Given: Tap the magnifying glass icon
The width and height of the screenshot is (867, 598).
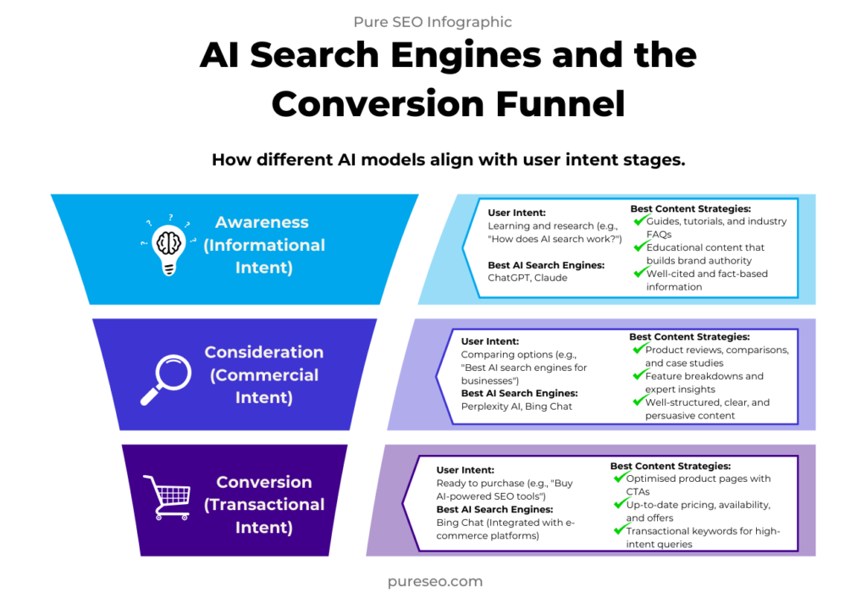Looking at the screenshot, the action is pos(166,380).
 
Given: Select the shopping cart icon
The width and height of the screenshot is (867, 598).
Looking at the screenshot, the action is pos(167,497).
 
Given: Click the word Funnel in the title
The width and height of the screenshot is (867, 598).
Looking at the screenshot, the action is pos(561,103).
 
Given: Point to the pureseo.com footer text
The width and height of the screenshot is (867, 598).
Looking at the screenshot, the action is pos(435,581).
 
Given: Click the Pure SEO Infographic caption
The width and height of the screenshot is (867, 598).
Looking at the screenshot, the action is pos(433,21).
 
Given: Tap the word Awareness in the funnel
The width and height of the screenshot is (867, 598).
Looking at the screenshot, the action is pos(262,222).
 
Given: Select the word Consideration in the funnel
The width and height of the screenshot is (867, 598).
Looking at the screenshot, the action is pos(264,352).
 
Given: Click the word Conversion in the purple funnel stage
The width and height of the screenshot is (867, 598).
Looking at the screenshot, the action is pos(264,482).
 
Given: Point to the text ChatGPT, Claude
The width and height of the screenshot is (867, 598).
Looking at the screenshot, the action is pos(527,278).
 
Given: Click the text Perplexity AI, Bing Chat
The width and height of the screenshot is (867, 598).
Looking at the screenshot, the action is pos(516,407).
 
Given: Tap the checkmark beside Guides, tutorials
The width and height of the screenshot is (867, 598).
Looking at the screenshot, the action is pos(640,220).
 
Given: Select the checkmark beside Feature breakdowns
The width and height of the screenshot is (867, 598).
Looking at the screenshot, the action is pos(639,375).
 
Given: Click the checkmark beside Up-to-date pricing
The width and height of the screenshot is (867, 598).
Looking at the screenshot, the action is pos(620,503).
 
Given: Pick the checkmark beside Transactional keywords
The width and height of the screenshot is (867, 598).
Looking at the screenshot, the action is pos(620,529).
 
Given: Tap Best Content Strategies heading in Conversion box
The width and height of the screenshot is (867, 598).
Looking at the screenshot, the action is pos(671,467).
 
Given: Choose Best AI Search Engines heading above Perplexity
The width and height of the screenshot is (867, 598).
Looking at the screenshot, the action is pos(519,393).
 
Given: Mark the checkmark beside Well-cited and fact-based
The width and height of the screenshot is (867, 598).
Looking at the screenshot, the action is pos(640,272).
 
